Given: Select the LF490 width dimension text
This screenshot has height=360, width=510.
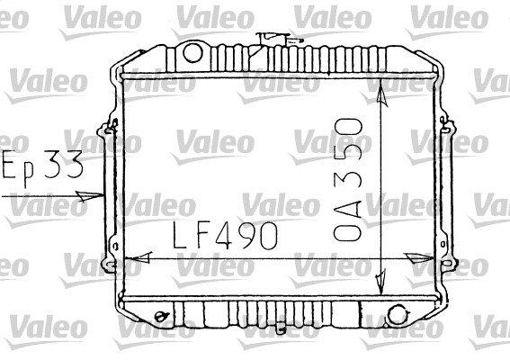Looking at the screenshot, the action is tap(226, 235).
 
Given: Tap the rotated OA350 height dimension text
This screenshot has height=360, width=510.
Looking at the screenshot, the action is tap(348, 180).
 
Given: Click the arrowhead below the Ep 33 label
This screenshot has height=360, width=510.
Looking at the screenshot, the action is tap(89, 196).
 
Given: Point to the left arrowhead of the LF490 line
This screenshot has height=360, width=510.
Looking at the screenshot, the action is tap(139, 257).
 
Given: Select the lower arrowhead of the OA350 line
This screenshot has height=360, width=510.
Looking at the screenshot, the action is tap(380, 282).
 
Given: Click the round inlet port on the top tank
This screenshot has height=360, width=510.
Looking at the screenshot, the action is tap(192, 53).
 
